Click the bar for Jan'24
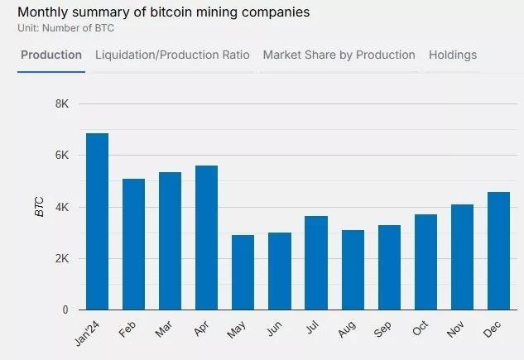coord(97,222)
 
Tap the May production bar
coord(243,272)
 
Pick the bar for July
coord(315,262)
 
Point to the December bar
coord(498,251)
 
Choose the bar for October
coord(425,262)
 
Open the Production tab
coord(51,55)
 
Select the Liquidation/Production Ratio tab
coord(172,55)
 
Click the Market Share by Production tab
coord(339,55)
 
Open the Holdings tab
coord(453,55)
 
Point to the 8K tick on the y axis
coord(62,103)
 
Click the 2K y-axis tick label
coord(62,259)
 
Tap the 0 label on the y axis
coord(65,310)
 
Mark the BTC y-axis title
coord(39,207)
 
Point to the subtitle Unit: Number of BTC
coord(65,28)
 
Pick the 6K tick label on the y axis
coord(62,156)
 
